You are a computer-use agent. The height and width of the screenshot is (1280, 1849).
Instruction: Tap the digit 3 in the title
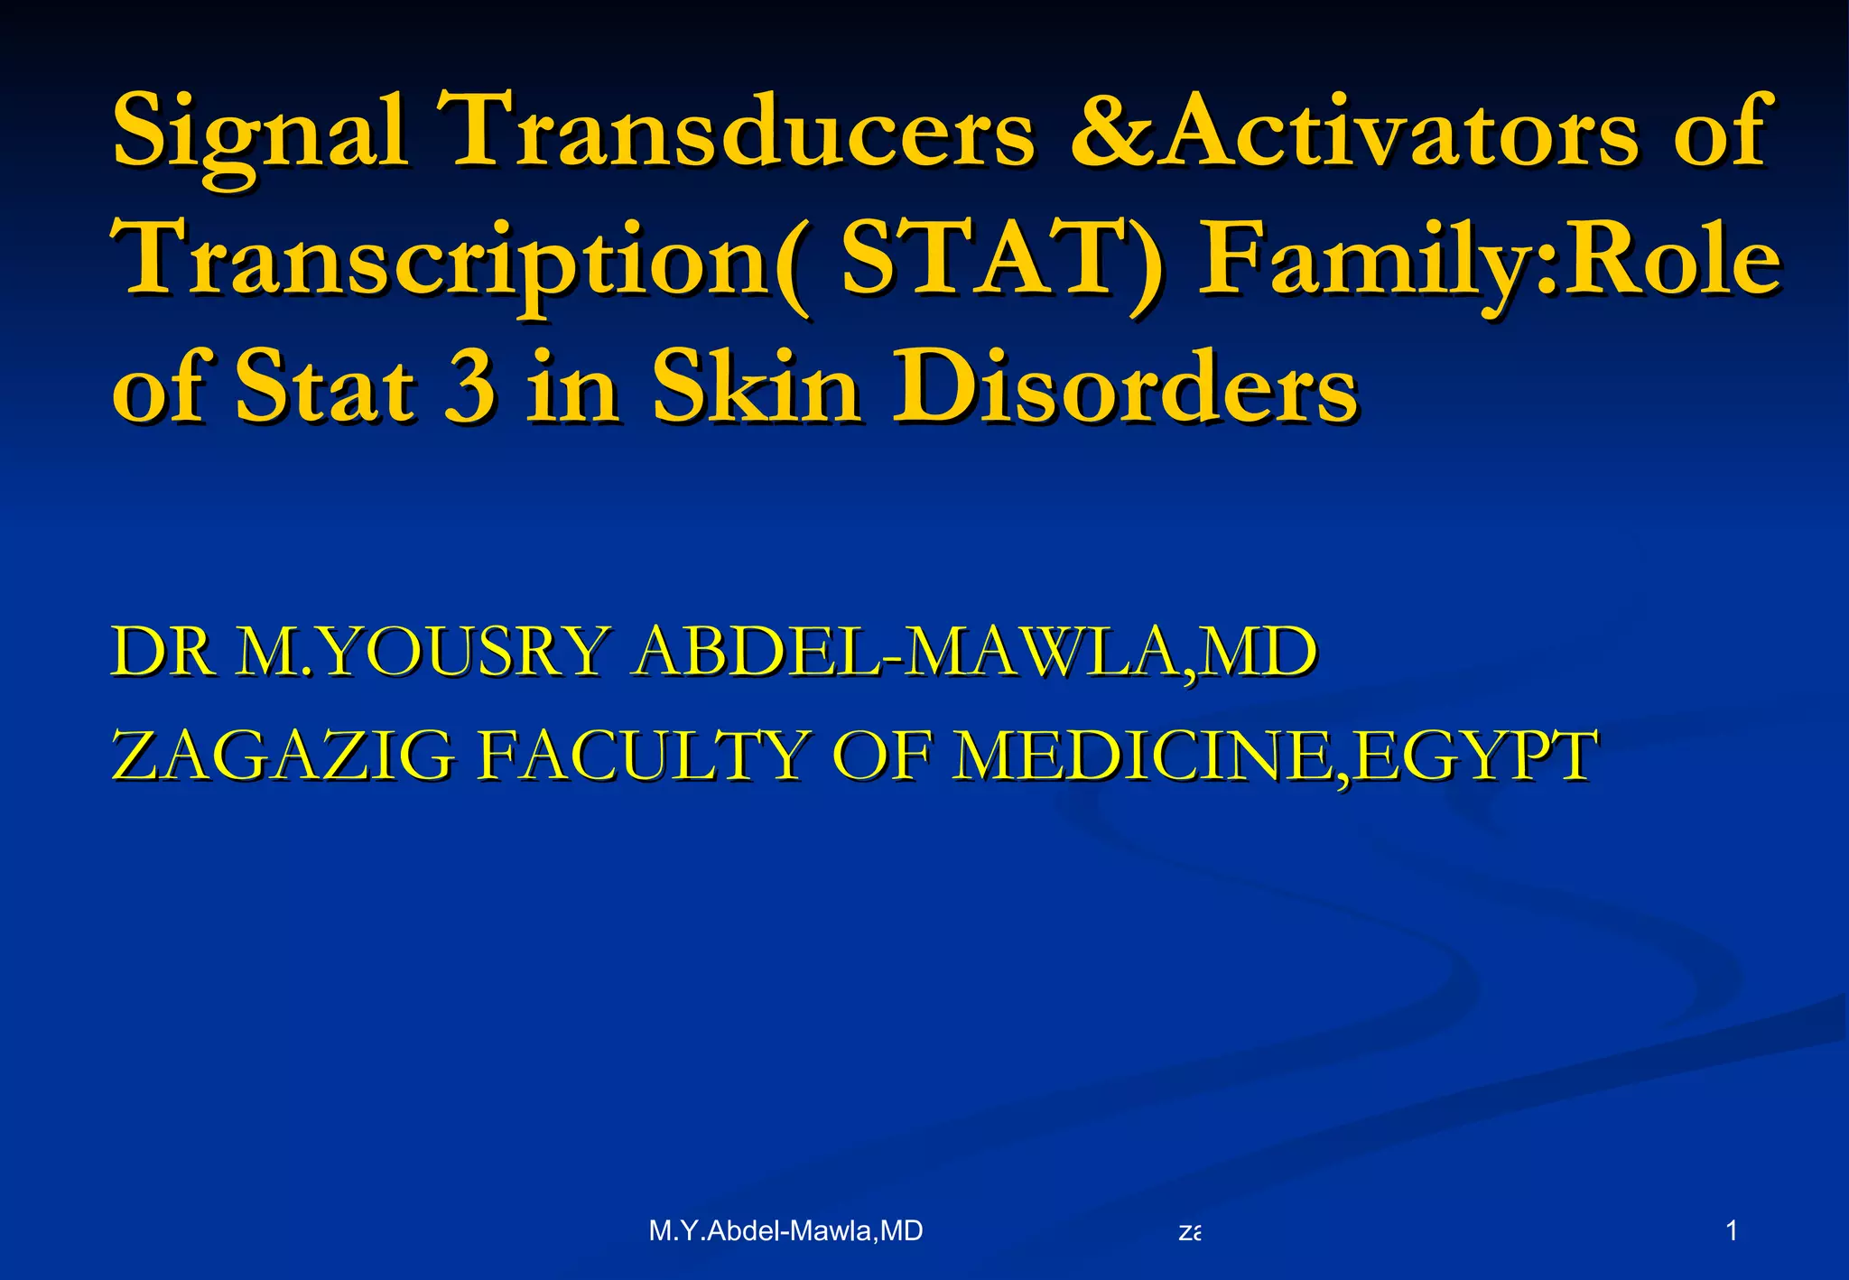coord(469,388)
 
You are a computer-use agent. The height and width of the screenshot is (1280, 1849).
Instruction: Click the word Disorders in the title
coord(1125,388)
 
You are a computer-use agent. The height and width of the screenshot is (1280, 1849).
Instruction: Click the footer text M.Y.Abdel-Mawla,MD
coord(785,1230)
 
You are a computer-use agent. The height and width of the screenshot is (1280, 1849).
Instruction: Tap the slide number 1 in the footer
coord(1731,1229)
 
